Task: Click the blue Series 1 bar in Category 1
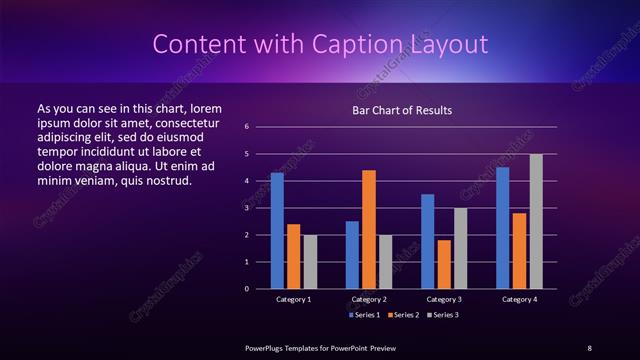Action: (277, 231)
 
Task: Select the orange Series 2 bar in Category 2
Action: (369, 229)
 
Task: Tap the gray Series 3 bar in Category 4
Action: (536, 221)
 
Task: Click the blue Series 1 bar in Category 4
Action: (503, 228)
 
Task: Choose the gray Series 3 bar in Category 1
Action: (310, 261)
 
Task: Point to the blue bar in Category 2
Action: (352, 255)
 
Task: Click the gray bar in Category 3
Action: (461, 248)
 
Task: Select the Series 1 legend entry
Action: (364, 314)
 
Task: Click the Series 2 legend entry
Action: (402, 314)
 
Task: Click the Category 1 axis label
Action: (293, 299)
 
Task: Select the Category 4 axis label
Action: (519, 299)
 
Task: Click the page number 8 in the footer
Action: (589, 347)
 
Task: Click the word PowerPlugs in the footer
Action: (268, 347)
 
